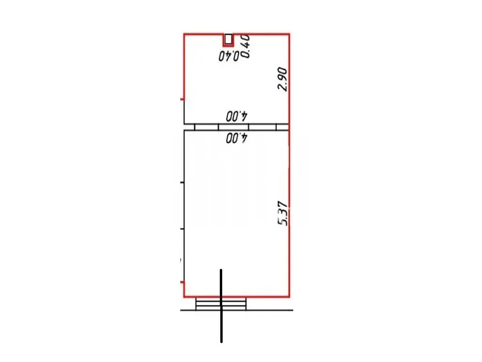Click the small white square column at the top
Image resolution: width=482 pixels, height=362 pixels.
[228, 40]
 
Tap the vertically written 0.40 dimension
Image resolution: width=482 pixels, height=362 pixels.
[246, 46]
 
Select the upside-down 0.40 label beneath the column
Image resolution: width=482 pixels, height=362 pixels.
[229, 56]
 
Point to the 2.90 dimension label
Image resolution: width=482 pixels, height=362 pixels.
[282, 79]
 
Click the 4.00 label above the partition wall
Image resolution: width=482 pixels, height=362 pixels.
[237, 116]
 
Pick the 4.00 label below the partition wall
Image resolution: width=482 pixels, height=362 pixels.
[237, 138]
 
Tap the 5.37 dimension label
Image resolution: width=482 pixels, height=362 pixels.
[282, 214]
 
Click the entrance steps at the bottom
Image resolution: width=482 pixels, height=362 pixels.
[221, 304]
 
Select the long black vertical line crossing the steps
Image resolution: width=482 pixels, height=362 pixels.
[221, 305]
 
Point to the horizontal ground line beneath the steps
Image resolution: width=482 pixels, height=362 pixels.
[237, 310]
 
